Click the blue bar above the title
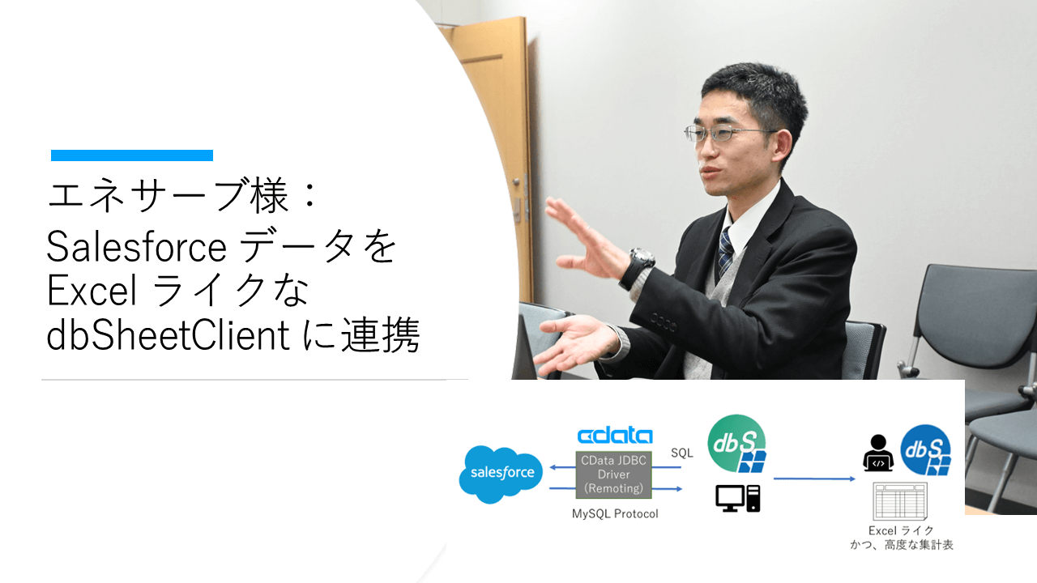(x=132, y=155)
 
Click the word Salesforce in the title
(x=135, y=247)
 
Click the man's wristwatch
(x=641, y=260)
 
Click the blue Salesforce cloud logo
(x=501, y=473)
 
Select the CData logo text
(x=615, y=436)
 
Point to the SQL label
(x=682, y=453)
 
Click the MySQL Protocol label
(x=615, y=513)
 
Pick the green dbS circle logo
(x=735, y=442)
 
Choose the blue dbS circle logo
(x=925, y=449)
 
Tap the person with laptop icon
(x=877, y=453)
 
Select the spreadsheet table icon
(x=899, y=500)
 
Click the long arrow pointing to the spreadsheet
(x=814, y=479)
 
